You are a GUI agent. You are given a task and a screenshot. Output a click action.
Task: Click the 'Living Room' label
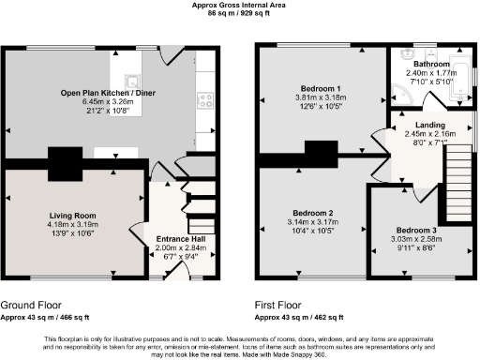71,215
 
